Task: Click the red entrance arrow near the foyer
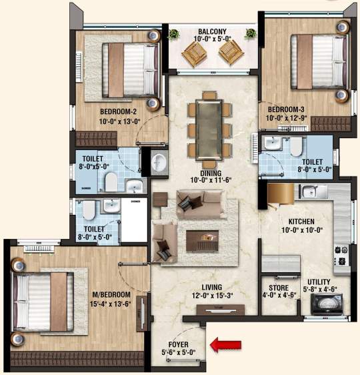coord(225,344)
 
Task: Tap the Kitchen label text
coord(301,221)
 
